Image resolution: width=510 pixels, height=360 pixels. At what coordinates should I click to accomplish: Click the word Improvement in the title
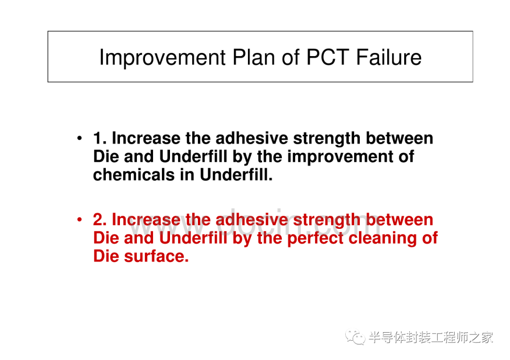[x=162, y=58]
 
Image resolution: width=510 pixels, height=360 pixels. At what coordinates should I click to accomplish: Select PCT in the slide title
[x=328, y=57]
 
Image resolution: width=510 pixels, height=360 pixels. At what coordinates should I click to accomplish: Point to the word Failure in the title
[x=389, y=57]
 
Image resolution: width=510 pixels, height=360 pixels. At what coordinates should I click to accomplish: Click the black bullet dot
[x=79, y=138]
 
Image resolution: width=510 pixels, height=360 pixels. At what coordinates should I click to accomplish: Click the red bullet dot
[x=79, y=220]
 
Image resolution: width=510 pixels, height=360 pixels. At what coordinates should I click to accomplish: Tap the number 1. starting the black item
[x=100, y=138]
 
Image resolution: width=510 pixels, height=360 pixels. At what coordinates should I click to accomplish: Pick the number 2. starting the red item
[x=100, y=219]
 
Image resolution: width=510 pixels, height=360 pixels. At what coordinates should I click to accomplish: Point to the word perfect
[x=315, y=238]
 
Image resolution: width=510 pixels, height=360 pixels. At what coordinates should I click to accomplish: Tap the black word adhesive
[x=252, y=138]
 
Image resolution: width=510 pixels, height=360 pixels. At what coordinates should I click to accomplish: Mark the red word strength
[x=327, y=220]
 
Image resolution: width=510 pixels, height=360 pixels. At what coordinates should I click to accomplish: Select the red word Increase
[x=146, y=219]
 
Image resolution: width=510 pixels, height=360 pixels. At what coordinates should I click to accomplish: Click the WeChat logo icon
[x=355, y=337]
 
